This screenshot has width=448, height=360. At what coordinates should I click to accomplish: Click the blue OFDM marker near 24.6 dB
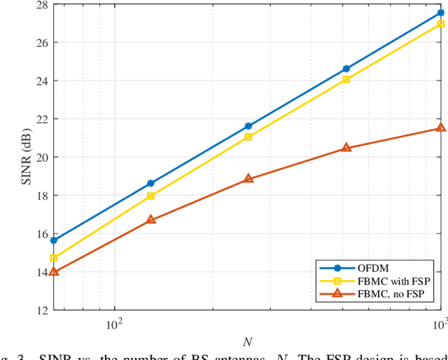pyautogui.click(x=346, y=69)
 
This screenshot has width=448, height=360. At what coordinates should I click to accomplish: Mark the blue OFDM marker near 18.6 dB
pyautogui.click(x=150, y=184)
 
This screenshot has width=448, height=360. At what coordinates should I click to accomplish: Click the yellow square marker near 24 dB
pyautogui.click(x=346, y=80)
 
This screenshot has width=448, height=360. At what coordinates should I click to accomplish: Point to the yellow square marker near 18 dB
pyautogui.click(x=150, y=196)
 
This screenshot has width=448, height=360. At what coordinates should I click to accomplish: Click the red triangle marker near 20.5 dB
pyautogui.click(x=346, y=148)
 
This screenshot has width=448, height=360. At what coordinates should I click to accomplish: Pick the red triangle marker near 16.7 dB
pyautogui.click(x=150, y=220)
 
